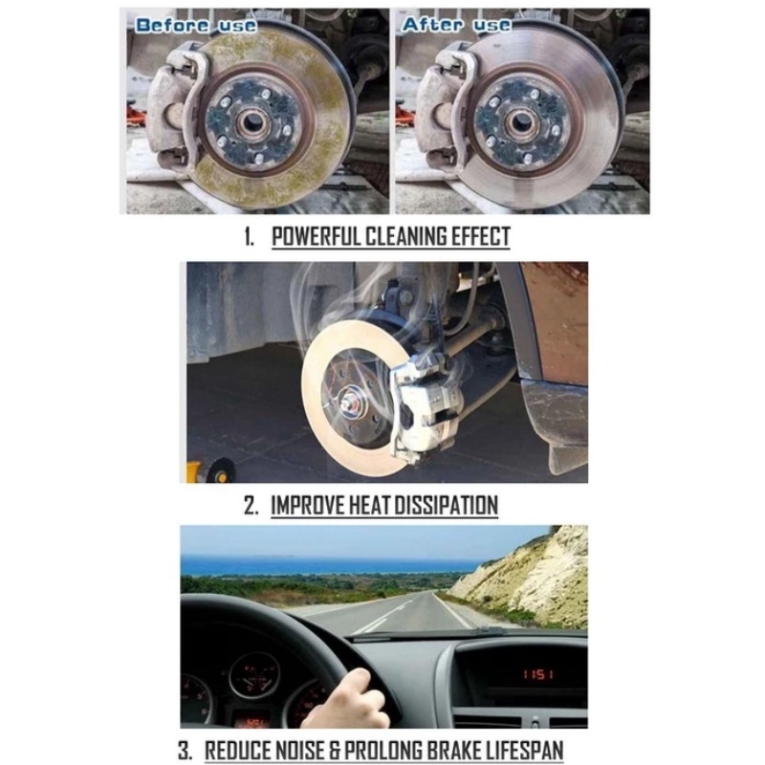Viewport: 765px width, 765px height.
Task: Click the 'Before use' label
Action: coord(195,26)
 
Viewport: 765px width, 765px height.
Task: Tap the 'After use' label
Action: coord(456,25)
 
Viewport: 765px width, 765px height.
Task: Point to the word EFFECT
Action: coord(480,236)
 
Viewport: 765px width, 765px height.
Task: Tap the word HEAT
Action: coord(371,505)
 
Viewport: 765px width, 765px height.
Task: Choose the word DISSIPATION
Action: coord(446,505)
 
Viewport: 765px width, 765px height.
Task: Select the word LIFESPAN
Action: coord(520,751)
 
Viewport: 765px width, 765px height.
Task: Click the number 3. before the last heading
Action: coord(185,751)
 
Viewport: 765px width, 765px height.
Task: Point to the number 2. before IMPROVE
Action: coord(251,505)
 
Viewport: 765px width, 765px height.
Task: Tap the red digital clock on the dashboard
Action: coord(538,675)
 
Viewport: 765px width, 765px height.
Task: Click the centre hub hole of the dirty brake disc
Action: coord(252,122)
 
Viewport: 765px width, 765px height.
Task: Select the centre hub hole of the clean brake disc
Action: coord(521,122)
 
